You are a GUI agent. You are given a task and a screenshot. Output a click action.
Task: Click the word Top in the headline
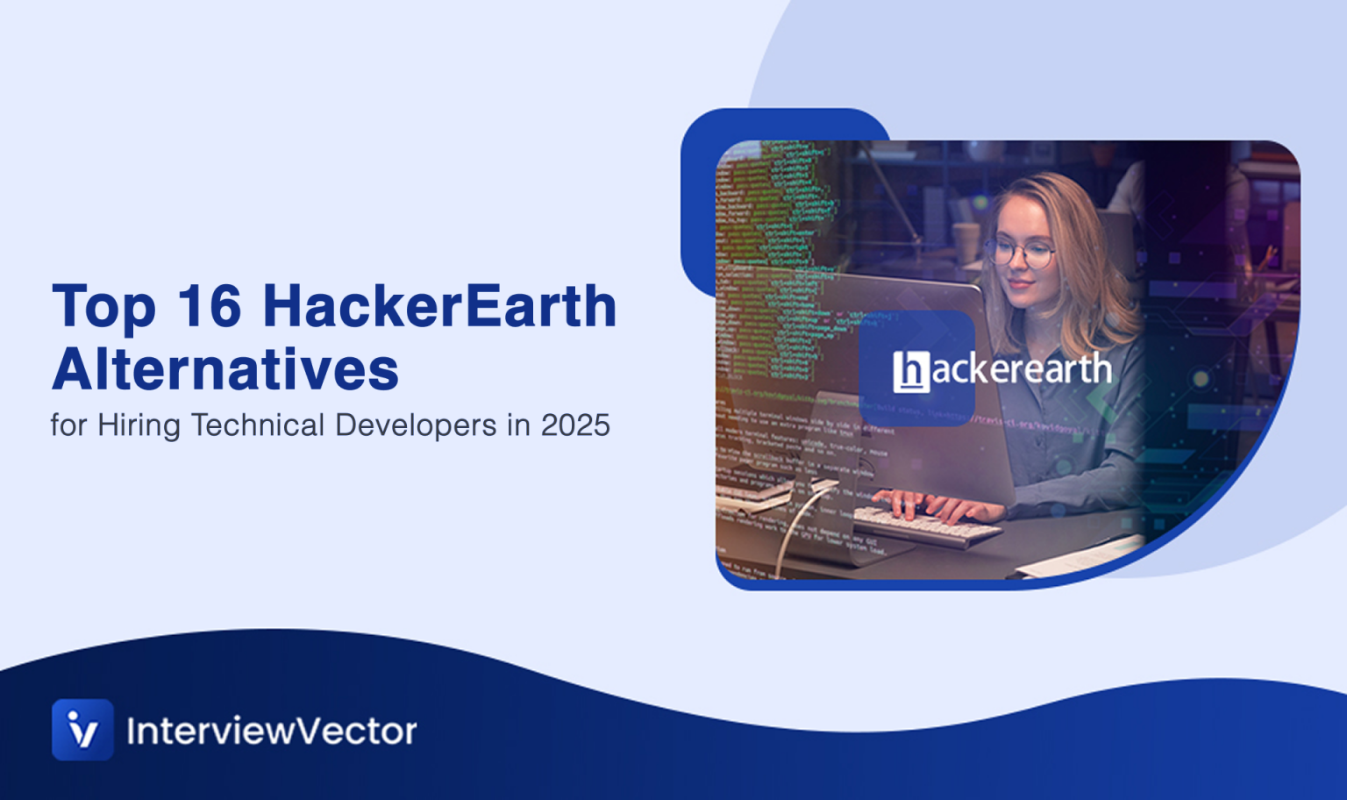[x=104, y=308]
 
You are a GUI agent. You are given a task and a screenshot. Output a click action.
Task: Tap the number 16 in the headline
[x=209, y=306]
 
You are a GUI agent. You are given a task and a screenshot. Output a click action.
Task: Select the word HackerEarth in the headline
[x=439, y=306]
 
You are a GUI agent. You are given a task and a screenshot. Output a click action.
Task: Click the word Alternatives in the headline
[x=225, y=369]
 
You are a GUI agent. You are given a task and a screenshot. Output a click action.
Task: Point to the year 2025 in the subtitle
[x=575, y=425]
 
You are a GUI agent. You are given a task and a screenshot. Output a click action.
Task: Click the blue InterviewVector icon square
[x=82, y=729]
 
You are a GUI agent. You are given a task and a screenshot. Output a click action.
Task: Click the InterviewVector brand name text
[x=272, y=731]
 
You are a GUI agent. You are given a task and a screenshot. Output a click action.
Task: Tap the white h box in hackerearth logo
[x=910, y=371]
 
